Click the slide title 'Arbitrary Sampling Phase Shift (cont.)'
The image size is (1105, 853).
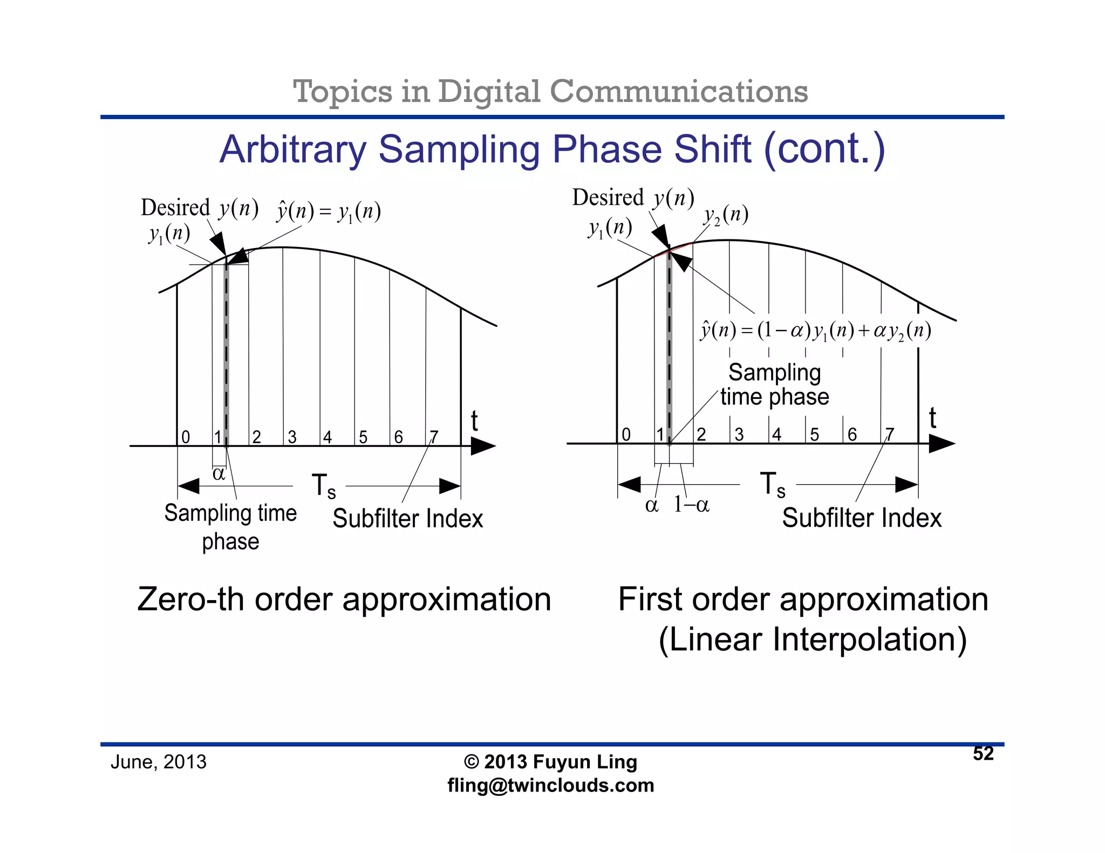(x=552, y=149)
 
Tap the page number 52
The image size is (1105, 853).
(x=983, y=753)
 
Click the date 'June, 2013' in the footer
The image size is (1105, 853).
(x=158, y=762)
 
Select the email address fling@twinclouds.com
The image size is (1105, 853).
(x=550, y=785)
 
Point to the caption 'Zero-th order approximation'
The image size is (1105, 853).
(x=344, y=599)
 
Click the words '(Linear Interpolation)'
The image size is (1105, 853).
(x=813, y=639)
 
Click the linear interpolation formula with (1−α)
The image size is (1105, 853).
(x=815, y=330)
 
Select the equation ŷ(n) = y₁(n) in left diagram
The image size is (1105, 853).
(x=329, y=211)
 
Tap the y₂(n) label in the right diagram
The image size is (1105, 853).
(x=726, y=215)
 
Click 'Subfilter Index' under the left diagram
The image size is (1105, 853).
(x=407, y=519)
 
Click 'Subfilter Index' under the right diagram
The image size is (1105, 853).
(x=862, y=518)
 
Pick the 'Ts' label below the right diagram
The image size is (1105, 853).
(x=772, y=484)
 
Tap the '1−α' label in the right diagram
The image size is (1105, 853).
(x=691, y=505)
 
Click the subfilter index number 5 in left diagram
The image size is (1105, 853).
(x=363, y=437)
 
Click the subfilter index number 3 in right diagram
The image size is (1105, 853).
(x=739, y=434)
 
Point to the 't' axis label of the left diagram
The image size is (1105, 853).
(x=474, y=421)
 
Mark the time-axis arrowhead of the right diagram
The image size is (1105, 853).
(x=941, y=444)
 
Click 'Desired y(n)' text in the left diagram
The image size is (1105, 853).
(x=199, y=208)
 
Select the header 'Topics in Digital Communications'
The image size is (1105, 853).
(x=550, y=91)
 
